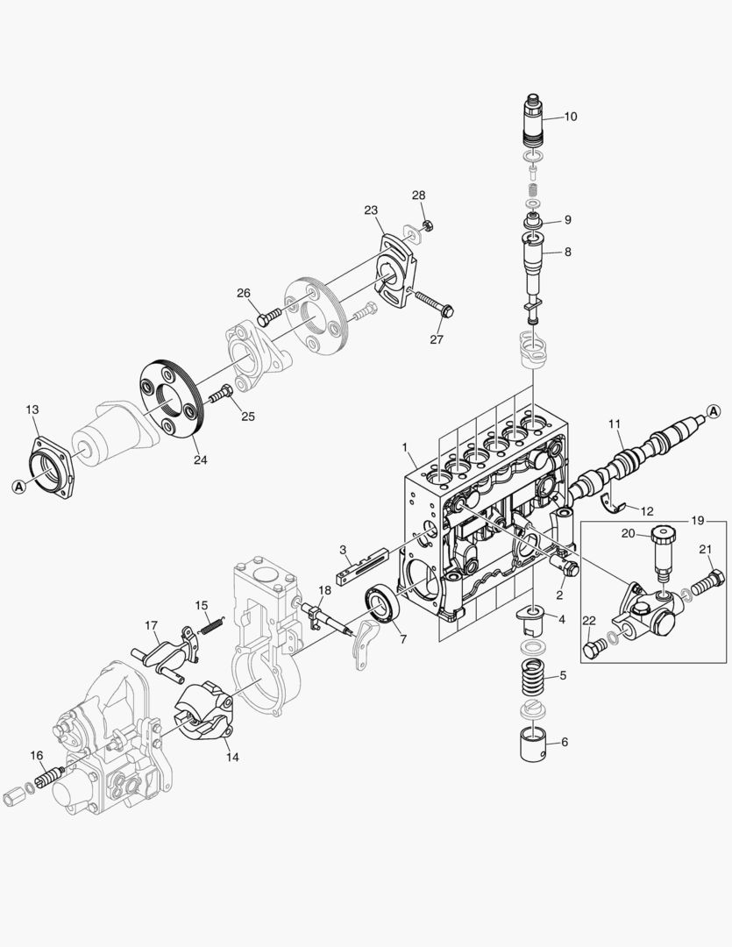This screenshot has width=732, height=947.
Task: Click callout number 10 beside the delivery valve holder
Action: [571, 116]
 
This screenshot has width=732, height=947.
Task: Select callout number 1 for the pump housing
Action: [406, 448]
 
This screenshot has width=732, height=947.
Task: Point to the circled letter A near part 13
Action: [18, 486]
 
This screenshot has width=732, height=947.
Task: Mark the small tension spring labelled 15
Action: [210, 623]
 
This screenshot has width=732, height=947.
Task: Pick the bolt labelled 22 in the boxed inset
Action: [596, 646]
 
